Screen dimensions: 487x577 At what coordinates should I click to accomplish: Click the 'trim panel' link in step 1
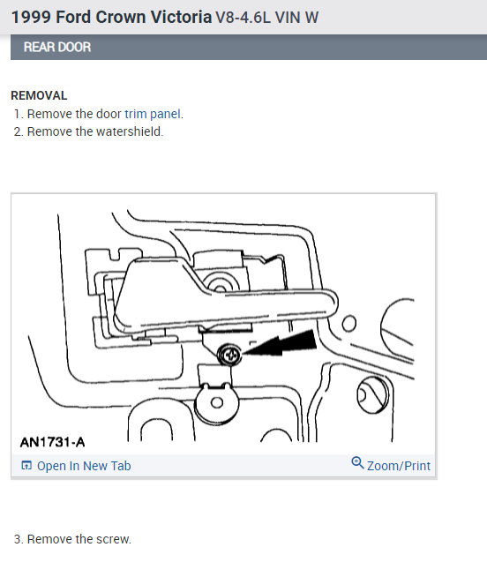point(153,114)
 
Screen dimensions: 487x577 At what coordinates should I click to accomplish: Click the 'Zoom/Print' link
point(398,466)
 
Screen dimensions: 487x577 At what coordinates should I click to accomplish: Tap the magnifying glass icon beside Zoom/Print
point(357,462)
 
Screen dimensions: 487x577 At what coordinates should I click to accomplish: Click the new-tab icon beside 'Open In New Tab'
point(26,466)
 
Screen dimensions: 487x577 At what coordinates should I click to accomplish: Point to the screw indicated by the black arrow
point(229,355)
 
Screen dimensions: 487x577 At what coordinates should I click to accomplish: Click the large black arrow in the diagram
point(281,343)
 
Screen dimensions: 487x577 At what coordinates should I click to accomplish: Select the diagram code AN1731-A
point(52,442)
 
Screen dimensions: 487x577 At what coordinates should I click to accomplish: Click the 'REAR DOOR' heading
point(57,47)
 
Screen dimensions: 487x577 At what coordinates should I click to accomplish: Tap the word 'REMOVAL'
point(39,95)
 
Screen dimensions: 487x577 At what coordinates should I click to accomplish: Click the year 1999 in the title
point(31,18)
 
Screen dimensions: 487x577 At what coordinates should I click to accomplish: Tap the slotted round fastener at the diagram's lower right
point(372,395)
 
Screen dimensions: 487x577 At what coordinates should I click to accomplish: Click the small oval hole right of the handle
point(349,323)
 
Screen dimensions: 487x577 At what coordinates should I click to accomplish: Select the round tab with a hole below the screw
point(216,403)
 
